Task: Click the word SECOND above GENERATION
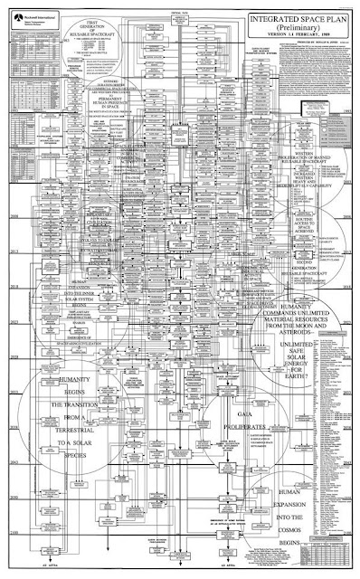308,245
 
